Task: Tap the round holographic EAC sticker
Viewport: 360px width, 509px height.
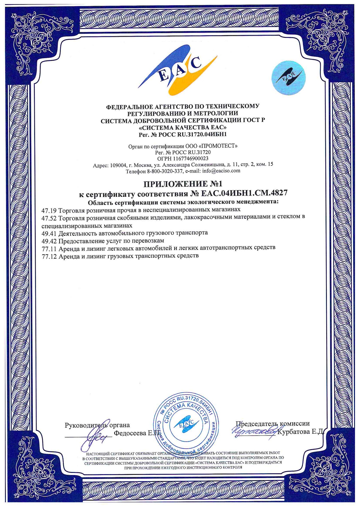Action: tap(288, 78)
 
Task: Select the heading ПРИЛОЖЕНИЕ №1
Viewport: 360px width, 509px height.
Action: tap(183, 184)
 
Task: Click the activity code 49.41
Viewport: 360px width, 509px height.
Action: tap(49, 233)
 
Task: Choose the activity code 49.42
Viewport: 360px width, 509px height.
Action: tap(49, 241)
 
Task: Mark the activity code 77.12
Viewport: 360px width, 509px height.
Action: tap(49, 256)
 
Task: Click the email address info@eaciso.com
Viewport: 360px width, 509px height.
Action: tap(221, 171)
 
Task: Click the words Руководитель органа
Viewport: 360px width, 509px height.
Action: tap(97, 425)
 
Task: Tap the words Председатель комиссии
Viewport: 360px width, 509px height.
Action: tap(273, 424)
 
